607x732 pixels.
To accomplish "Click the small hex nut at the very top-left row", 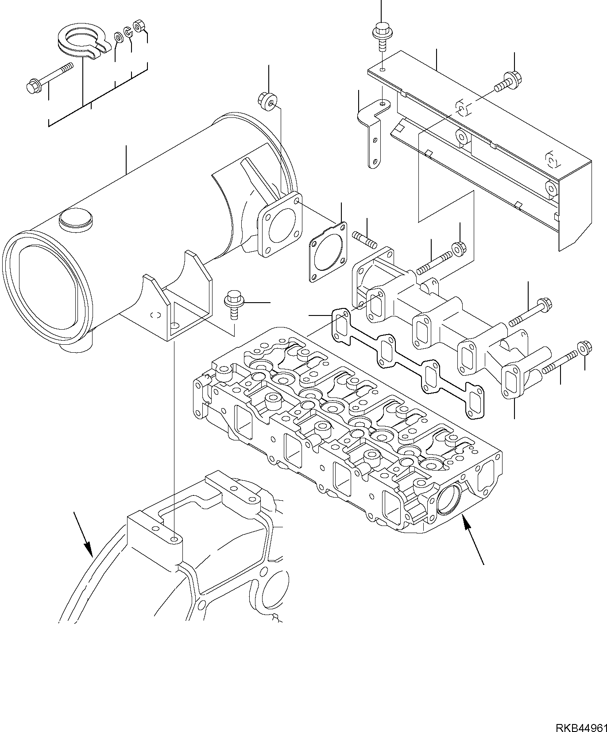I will click(x=139, y=26).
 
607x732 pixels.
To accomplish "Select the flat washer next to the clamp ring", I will click(x=119, y=37).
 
